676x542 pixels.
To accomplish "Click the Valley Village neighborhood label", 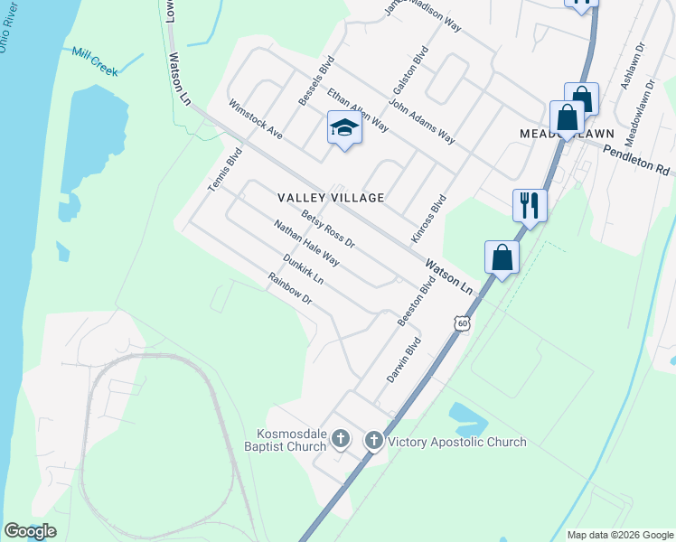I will pos(331,197).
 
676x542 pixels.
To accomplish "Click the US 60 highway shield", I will pos(462,322).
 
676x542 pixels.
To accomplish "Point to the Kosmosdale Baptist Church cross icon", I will pos(340,440).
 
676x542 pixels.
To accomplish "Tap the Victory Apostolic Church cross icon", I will pos(374,441).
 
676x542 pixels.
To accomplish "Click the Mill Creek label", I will pos(95,62).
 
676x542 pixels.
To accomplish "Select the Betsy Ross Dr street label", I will pos(329,229).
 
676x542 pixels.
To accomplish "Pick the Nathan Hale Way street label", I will pos(306,245).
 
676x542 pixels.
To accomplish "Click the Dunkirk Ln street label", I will pos(303,270).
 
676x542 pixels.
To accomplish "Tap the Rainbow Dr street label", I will pos(289,290).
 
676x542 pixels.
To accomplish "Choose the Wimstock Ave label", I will pos(256,118).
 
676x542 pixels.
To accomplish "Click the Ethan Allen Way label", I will pos(358,110).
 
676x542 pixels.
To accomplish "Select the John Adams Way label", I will pos(423,125).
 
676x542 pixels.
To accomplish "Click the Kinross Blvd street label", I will pos(429,218).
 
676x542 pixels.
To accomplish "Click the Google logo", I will pos(30,531).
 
